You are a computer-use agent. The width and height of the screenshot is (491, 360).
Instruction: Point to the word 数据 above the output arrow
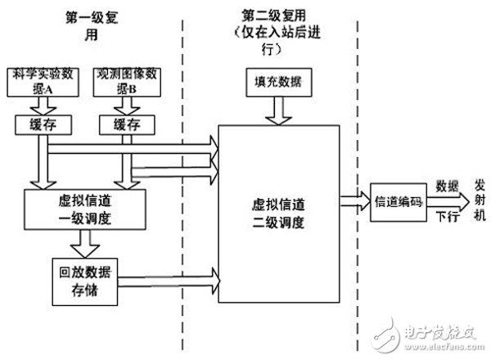[446, 185]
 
